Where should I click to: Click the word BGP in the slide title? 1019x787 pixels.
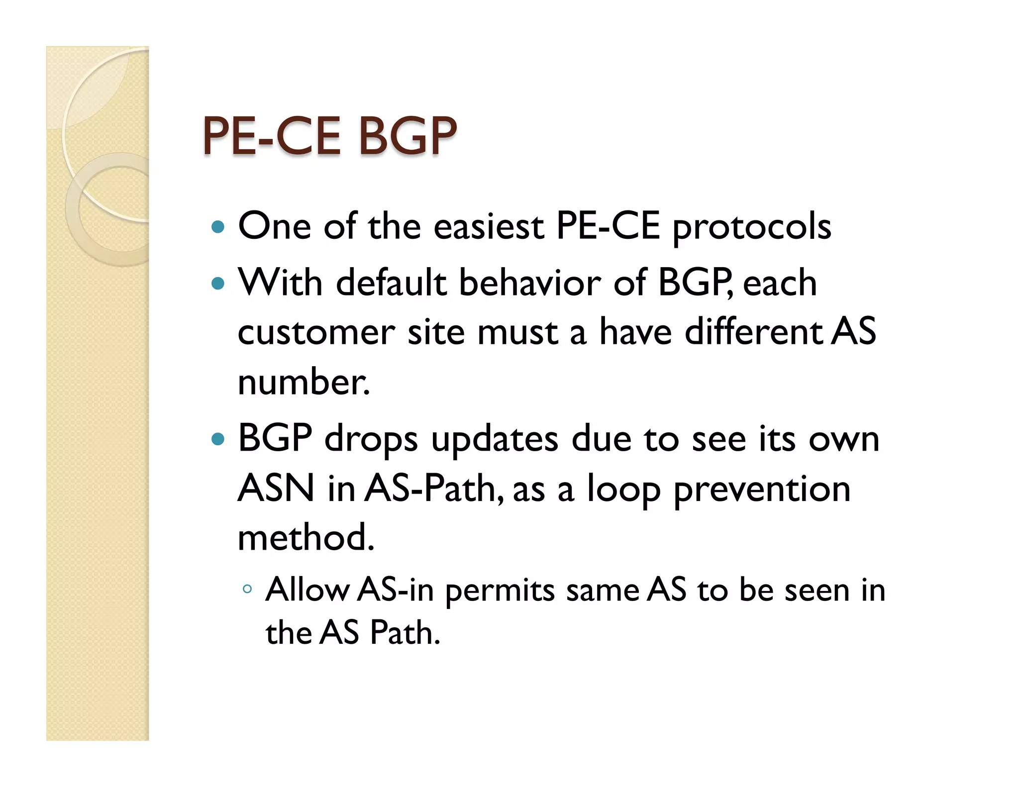407,136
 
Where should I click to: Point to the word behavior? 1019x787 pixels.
529,283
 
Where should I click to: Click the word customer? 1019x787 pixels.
316,332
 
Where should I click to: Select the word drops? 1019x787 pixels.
371,440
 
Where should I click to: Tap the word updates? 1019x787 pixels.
495,440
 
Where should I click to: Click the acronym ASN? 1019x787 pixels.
276,489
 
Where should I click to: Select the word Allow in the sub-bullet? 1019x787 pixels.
307,590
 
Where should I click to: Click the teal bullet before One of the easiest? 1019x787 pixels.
218,227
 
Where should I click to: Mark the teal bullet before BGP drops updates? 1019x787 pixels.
218,439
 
